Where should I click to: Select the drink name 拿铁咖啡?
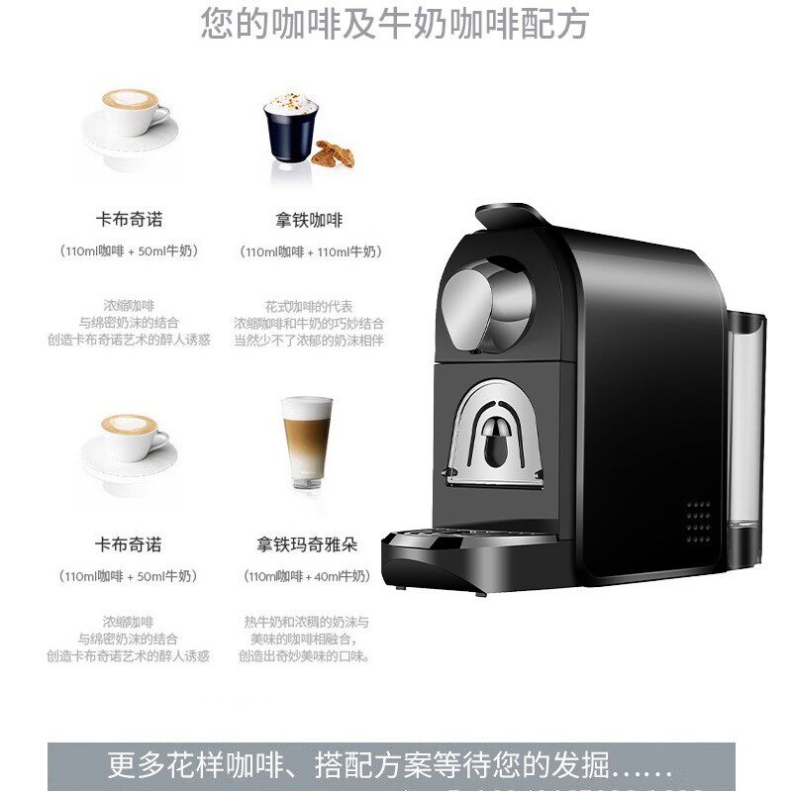coord(309,219)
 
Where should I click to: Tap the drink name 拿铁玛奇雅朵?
coord(306,544)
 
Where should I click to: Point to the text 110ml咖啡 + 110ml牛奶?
coord(309,251)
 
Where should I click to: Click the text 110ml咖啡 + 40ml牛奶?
coord(306,576)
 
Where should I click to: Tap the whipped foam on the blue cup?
coord(288,103)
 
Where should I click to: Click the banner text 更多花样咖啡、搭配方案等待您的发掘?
coord(391,767)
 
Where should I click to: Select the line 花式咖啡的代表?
coord(309,306)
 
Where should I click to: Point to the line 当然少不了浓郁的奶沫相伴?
coord(309,340)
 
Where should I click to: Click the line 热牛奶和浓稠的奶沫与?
coord(306,622)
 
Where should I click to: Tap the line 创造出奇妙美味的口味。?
coord(304,655)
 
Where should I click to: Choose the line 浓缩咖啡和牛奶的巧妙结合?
coord(309,323)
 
